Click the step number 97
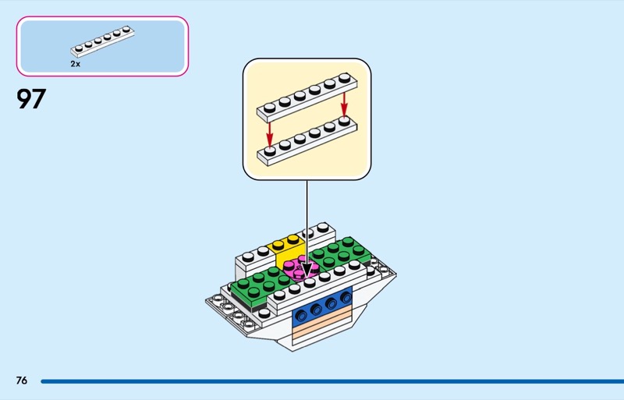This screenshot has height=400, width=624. point(31,100)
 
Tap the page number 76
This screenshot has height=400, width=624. point(21,381)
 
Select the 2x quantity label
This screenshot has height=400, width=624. point(75,64)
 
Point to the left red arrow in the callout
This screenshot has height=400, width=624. point(270,128)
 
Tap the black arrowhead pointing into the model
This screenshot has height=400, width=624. point(307,271)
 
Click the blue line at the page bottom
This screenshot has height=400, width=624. point(328,381)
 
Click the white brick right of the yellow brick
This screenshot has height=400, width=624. point(321,234)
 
